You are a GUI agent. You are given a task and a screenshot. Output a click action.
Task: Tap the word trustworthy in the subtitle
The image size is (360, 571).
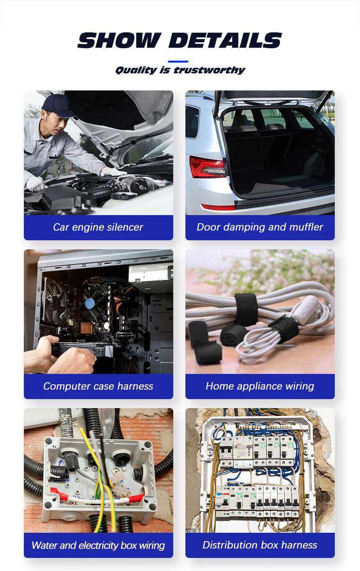tap(209, 70)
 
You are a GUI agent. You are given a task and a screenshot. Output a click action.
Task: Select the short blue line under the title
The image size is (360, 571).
tap(178, 61)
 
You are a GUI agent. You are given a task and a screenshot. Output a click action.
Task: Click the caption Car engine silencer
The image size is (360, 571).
tap(98, 227)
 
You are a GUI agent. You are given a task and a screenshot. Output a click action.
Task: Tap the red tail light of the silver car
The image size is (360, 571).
tap(207, 167)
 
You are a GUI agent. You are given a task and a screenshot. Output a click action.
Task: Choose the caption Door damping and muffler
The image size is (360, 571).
tap(260, 227)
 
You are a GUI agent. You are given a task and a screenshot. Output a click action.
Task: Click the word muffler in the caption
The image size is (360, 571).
tap(306, 227)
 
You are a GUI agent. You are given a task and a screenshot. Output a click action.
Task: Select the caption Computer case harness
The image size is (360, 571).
tap(98, 386)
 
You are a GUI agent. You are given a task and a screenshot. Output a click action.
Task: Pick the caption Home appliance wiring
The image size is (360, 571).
tap(260, 386)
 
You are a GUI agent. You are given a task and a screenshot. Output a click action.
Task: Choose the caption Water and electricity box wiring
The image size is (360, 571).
tap(98, 545)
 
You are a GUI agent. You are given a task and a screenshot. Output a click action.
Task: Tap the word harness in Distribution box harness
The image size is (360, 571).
tap(297, 545)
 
